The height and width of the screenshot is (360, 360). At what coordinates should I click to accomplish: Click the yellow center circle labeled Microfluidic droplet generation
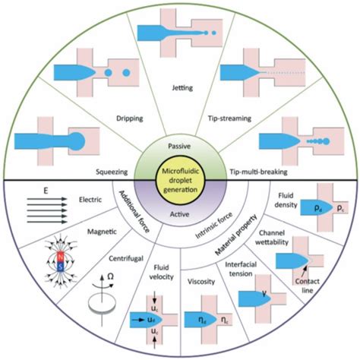coord(180,179)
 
